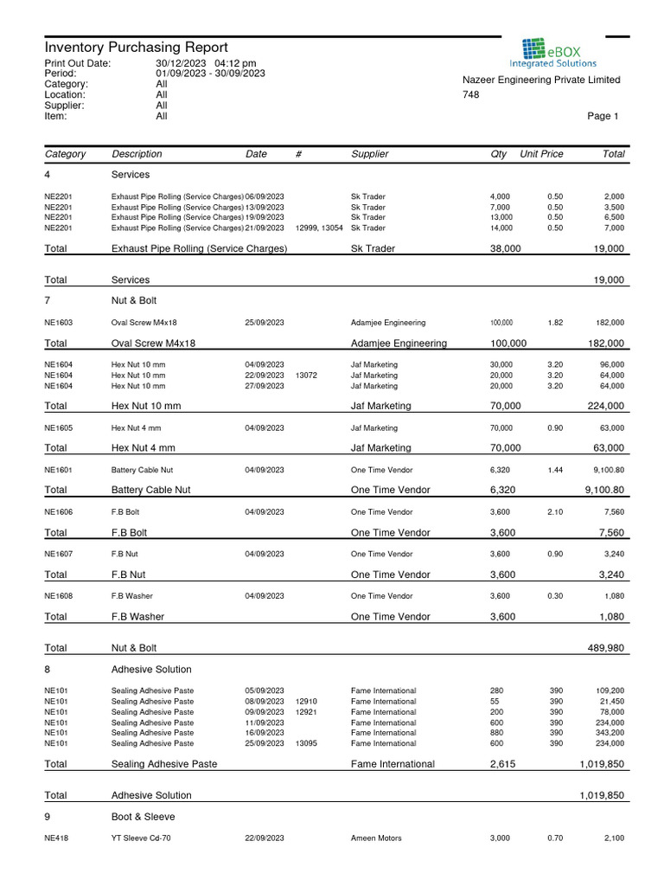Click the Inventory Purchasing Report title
pyautogui.click(x=136, y=48)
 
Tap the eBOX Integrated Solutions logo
pyautogui.click(x=552, y=53)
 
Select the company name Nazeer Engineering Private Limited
pyautogui.click(x=541, y=80)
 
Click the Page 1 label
pyautogui.click(x=603, y=116)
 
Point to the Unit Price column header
pyautogui.click(x=541, y=154)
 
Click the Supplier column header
pyautogui.click(x=370, y=154)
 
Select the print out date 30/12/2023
pyautogui.click(x=182, y=64)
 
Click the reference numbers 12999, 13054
pyautogui.click(x=319, y=228)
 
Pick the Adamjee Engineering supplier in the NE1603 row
pyautogui.click(x=388, y=323)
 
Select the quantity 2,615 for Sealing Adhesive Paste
pyautogui.click(x=503, y=765)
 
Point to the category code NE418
pyautogui.click(x=56, y=838)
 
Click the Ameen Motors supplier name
pyautogui.click(x=376, y=838)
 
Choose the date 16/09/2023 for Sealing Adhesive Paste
pyautogui.click(x=265, y=733)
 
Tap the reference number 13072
pyautogui.click(x=306, y=376)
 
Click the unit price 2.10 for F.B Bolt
pyautogui.click(x=555, y=512)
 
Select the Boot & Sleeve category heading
pyautogui.click(x=143, y=817)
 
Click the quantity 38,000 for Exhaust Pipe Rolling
pyautogui.click(x=505, y=249)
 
